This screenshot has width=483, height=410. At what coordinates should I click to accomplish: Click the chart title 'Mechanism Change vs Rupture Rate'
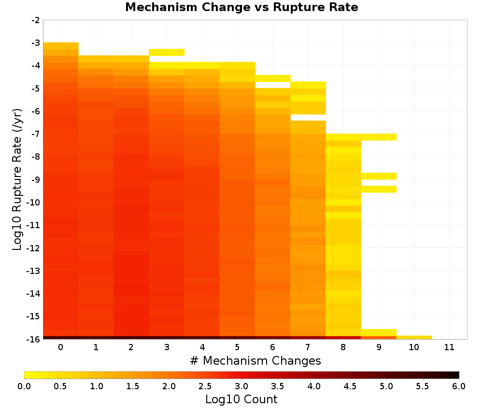(x=241, y=7)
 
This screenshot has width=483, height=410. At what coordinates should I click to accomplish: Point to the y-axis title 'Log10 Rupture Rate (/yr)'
(x=17, y=179)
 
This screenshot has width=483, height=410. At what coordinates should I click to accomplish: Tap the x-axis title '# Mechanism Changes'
(x=256, y=360)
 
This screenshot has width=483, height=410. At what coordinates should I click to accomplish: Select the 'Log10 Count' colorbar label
(x=241, y=399)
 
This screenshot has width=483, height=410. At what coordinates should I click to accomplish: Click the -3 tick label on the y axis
(x=36, y=43)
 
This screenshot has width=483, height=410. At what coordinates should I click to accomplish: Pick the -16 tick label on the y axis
(x=34, y=339)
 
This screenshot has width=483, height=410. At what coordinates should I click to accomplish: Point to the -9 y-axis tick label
(x=36, y=179)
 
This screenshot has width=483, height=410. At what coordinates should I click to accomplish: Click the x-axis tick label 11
(x=449, y=347)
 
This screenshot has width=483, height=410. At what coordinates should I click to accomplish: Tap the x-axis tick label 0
(x=61, y=347)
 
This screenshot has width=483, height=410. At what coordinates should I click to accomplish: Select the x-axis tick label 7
(x=308, y=347)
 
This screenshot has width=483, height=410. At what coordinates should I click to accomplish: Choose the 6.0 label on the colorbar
(x=459, y=386)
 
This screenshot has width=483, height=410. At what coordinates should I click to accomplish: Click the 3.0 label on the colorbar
(x=241, y=386)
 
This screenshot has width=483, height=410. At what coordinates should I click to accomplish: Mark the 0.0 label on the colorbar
(x=24, y=386)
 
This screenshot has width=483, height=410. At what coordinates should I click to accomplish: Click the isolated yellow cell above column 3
(x=167, y=52)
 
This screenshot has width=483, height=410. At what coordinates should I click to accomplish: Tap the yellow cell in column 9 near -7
(x=379, y=137)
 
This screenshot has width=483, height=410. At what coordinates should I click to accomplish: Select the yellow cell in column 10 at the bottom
(x=414, y=338)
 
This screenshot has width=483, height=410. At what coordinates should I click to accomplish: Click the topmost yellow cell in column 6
(x=272, y=79)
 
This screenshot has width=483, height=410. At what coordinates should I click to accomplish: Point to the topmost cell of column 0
(x=61, y=46)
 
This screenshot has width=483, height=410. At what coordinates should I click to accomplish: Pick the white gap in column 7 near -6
(x=308, y=118)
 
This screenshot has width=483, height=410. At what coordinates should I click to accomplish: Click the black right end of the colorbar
(x=457, y=375)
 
